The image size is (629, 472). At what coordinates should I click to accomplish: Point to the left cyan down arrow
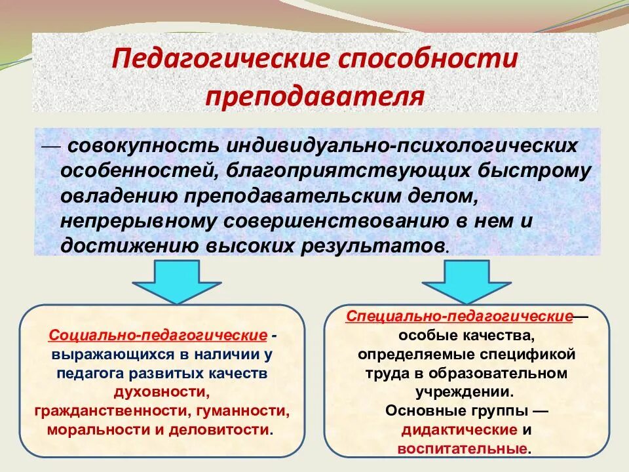175,280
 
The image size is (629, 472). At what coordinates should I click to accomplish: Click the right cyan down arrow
465,280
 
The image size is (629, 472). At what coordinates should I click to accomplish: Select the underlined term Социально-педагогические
157,336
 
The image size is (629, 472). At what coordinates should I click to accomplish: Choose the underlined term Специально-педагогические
460,317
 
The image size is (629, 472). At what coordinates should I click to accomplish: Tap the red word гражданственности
109,412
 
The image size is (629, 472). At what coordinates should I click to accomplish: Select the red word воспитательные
463,449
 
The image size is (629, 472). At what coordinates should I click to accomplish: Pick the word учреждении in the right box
463,393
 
